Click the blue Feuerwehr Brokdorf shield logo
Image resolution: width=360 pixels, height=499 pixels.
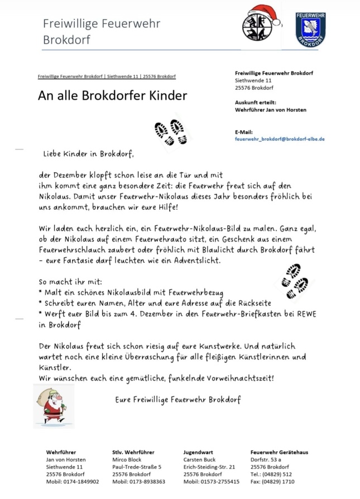[x=310, y=29]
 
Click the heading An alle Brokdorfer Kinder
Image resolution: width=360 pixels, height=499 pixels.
[x=112, y=96]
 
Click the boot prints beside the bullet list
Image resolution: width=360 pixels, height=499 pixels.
[x=295, y=279]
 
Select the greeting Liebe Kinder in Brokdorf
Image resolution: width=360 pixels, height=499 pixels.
[x=88, y=153]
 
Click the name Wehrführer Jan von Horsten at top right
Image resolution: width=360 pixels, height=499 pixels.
[x=271, y=110]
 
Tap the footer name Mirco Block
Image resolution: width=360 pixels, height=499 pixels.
[x=127, y=459]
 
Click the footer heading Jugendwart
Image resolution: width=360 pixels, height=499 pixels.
[x=198, y=452]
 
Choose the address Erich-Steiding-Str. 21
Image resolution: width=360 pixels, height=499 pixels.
[x=209, y=467]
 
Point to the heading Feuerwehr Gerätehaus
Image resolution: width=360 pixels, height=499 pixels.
[x=280, y=452]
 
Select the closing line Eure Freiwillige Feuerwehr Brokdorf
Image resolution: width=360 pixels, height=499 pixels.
[x=178, y=400]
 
